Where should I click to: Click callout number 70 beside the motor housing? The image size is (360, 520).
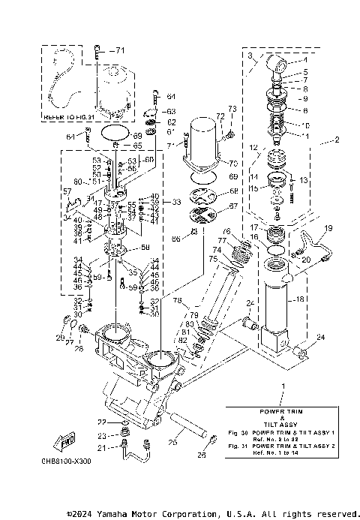click(x=232, y=162)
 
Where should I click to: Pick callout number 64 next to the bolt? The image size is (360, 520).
click(x=170, y=97)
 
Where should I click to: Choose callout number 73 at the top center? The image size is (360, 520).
click(x=232, y=110)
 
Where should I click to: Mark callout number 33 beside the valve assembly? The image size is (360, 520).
click(x=177, y=203)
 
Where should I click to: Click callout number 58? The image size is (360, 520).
click(x=144, y=247)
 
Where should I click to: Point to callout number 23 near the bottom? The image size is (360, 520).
click(x=102, y=435)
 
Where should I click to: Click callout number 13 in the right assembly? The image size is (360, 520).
click(x=304, y=181)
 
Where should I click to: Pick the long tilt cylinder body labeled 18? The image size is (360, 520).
click(x=277, y=300)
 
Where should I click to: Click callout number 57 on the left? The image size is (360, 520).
click(x=67, y=192)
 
